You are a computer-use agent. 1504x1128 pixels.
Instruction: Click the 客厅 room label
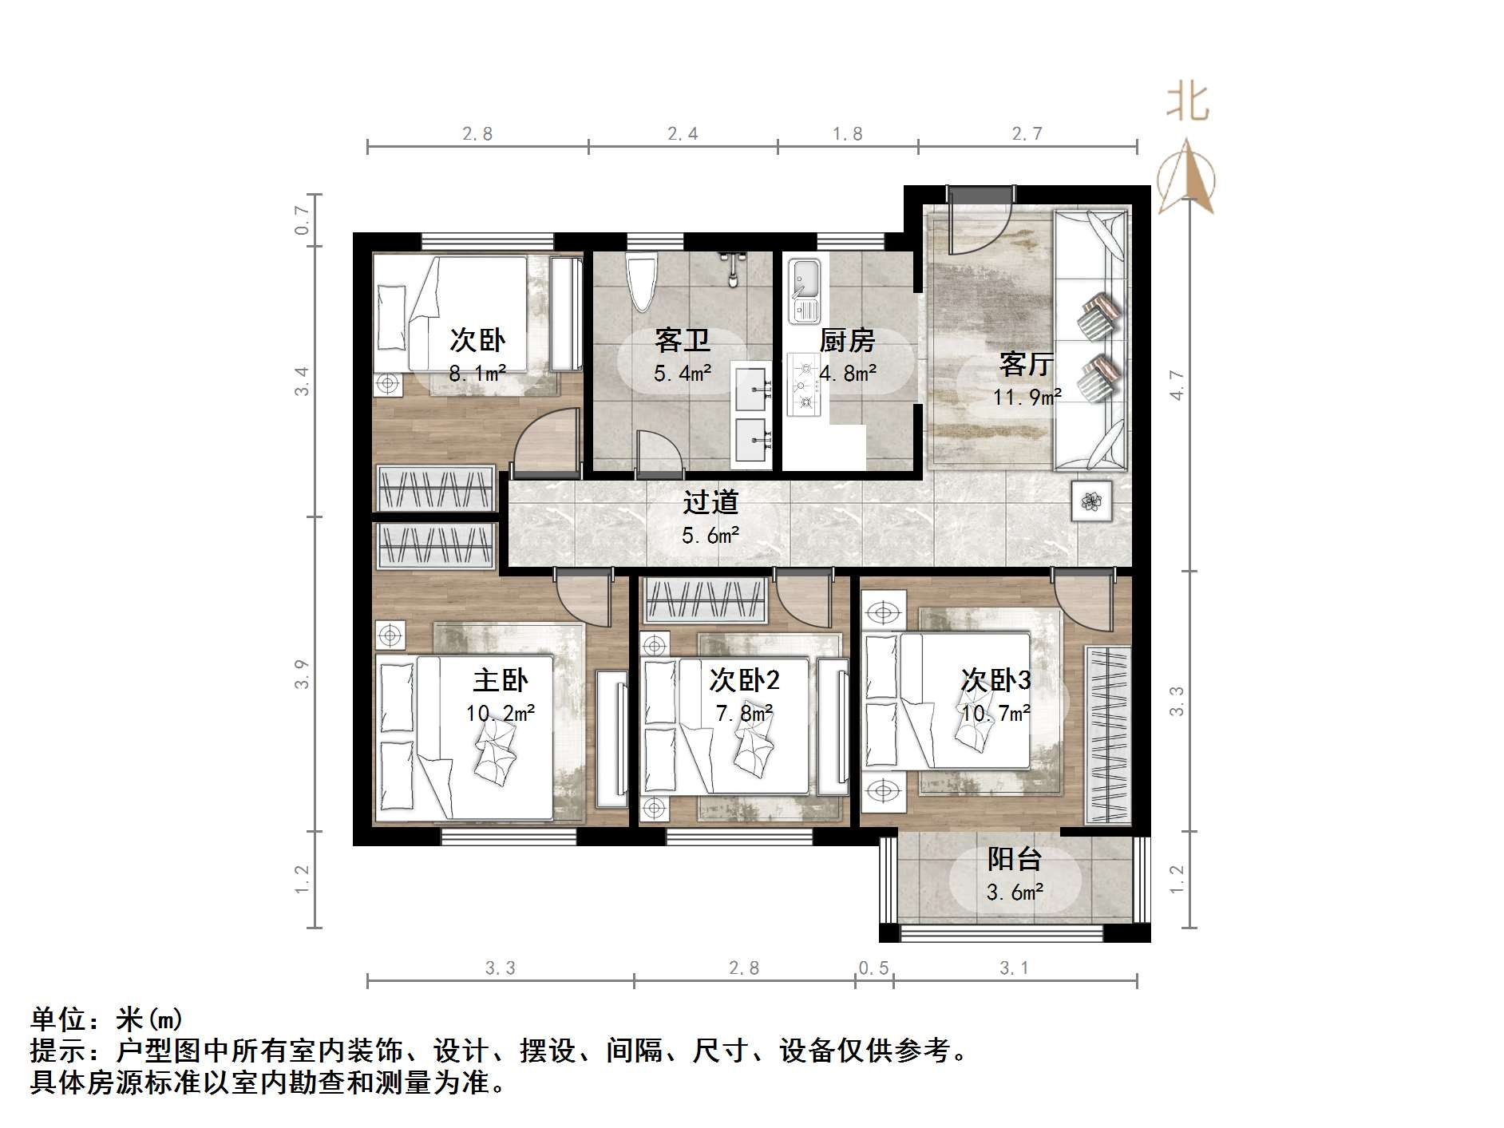tap(1026, 365)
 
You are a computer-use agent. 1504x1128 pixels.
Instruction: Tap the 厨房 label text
tap(847, 341)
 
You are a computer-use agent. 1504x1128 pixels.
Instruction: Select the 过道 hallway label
tap(710, 502)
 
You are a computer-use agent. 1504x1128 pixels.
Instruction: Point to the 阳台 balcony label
tap(1015, 860)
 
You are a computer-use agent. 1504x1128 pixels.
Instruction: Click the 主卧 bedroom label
tap(501, 680)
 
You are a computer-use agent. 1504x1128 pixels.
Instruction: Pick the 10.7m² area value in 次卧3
tap(995, 713)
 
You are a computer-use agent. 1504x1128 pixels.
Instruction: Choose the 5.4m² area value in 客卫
tap(683, 373)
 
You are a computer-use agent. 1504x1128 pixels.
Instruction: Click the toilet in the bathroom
tap(641, 282)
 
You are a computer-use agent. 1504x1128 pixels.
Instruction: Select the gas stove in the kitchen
tap(804, 385)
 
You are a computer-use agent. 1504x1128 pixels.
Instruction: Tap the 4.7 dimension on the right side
tap(1177, 386)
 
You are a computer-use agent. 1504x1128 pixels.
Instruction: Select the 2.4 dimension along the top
tap(683, 134)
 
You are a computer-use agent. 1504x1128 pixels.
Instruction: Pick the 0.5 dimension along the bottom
tap(873, 968)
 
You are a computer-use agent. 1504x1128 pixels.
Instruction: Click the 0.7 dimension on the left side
tap(302, 220)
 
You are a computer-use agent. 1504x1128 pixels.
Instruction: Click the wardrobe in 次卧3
tap(1107, 735)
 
